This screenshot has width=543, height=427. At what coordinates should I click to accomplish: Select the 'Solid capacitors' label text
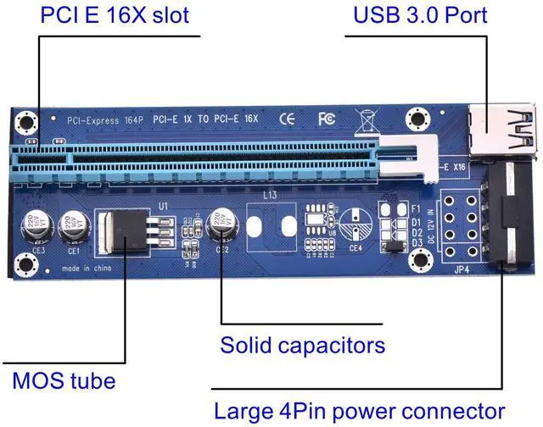(x=302, y=346)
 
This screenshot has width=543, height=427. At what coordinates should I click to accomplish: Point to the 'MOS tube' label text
(x=64, y=380)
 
